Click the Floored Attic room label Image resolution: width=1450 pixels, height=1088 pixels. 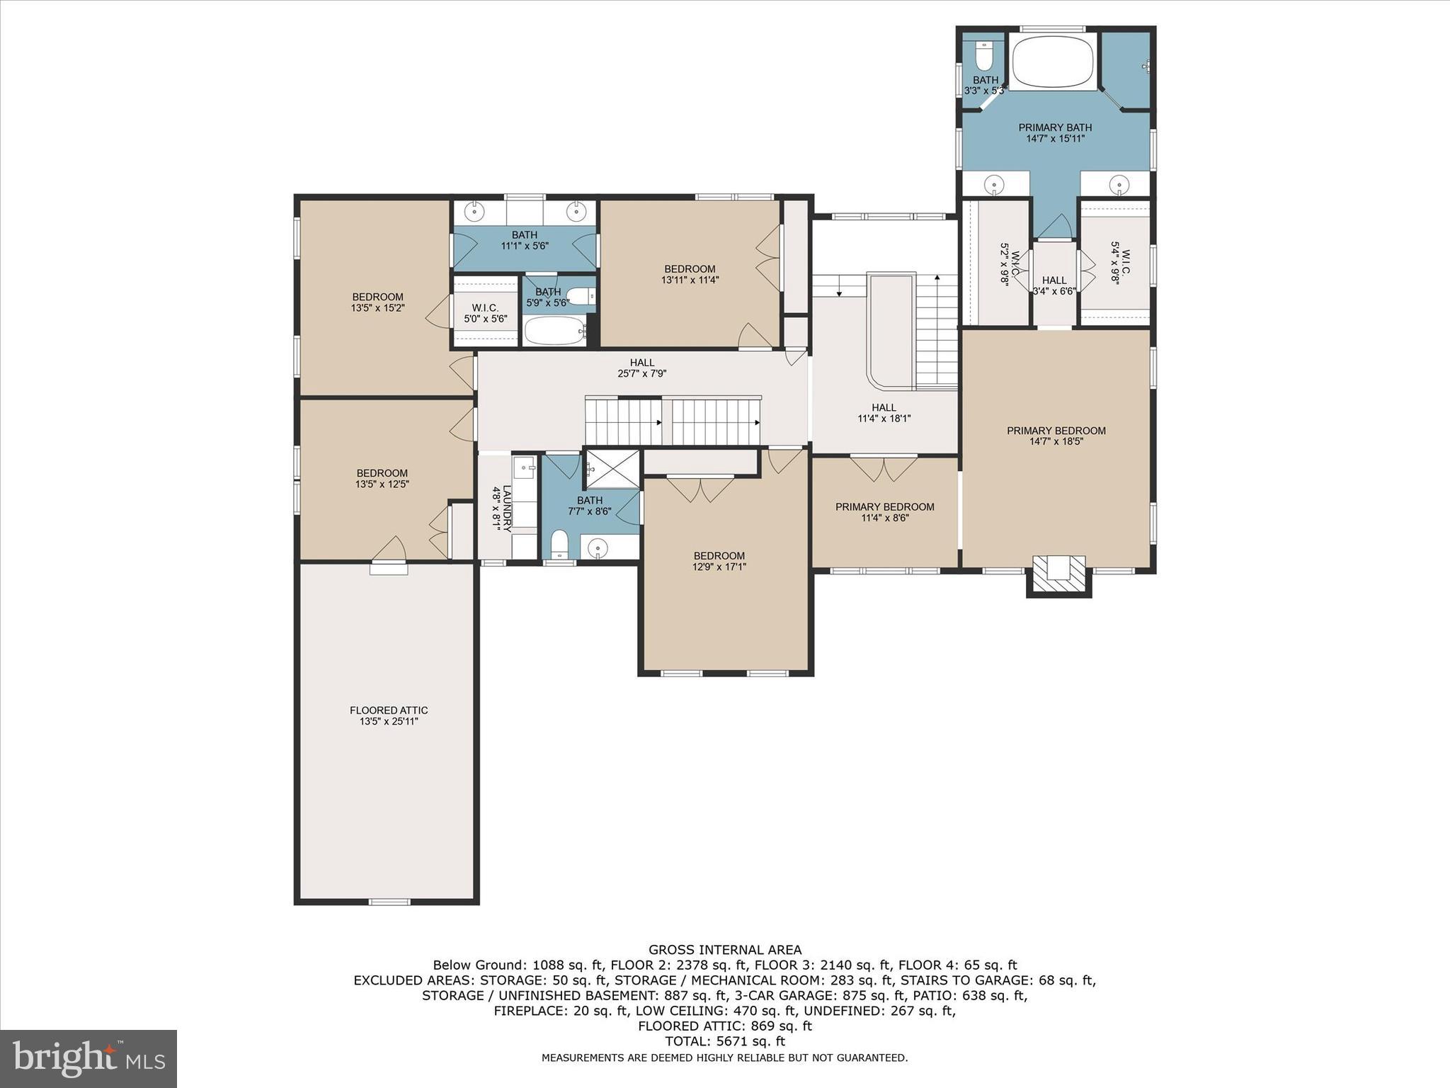click(389, 710)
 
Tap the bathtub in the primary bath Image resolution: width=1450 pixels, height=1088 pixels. click(1053, 62)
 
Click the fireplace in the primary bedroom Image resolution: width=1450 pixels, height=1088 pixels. click(1058, 572)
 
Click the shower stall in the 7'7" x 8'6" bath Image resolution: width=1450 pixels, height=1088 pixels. click(612, 468)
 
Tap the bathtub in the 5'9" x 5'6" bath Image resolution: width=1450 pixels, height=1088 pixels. click(554, 330)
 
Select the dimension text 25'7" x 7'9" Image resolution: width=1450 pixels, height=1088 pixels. click(642, 373)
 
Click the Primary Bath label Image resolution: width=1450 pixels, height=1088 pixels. click(1055, 127)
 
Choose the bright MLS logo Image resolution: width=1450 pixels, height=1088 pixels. click(89, 1059)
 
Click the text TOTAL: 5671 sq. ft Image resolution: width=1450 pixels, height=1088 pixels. click(724, 1041)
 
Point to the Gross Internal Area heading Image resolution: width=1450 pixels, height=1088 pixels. click(724, 950)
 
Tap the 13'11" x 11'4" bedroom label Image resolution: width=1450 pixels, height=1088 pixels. click(690, 269)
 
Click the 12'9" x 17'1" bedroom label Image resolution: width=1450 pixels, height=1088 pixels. click(719, 556)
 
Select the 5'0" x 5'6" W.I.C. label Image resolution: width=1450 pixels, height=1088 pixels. click(485, 308)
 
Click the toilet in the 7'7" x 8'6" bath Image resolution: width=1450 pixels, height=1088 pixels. click(559, 543)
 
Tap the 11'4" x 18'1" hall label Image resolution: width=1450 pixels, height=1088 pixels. click(884, 407)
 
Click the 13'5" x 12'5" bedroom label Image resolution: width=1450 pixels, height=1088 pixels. click(382, 473)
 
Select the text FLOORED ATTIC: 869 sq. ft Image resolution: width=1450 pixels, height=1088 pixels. click(724, 1026)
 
